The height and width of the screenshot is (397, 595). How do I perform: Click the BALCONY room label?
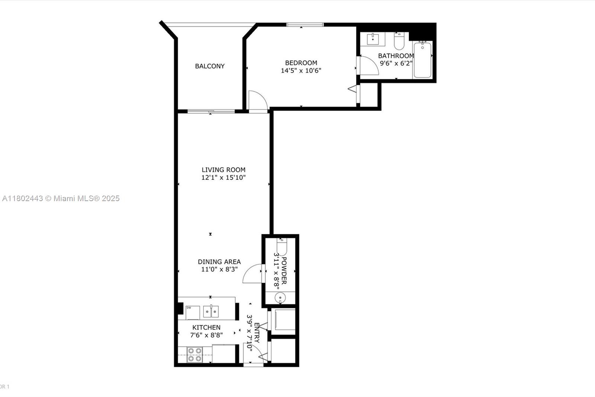[x=210, y=66]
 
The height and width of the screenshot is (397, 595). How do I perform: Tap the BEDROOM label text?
[x=301, y=63]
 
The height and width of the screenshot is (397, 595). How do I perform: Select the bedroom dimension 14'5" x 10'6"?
[x=301, y=71]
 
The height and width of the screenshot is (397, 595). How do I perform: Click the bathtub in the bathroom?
[x=422, y=60]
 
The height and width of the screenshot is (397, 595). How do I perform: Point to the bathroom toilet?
[x=399, y=41]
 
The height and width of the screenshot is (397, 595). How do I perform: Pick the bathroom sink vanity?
[x=373, y=39]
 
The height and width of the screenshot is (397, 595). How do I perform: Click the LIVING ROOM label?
[x=223, y=170]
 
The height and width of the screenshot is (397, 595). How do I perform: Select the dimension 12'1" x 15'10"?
[x=223, y=178]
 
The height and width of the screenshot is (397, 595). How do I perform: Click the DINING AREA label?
[x=219, y=262]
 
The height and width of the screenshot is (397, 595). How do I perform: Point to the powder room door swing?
[x=253, y=274]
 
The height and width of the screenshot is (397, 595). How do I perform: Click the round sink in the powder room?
[x=280, y=298]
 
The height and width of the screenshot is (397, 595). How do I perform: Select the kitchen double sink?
[x=211, y=311]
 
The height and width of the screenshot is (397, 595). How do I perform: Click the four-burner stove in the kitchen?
[x=194, y=355]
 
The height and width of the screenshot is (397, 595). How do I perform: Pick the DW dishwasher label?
[x=189, y=308]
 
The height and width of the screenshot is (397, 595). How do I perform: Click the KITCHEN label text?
[x=206, y=327]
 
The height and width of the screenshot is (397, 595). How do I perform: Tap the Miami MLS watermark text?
[x=61, y=198]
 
